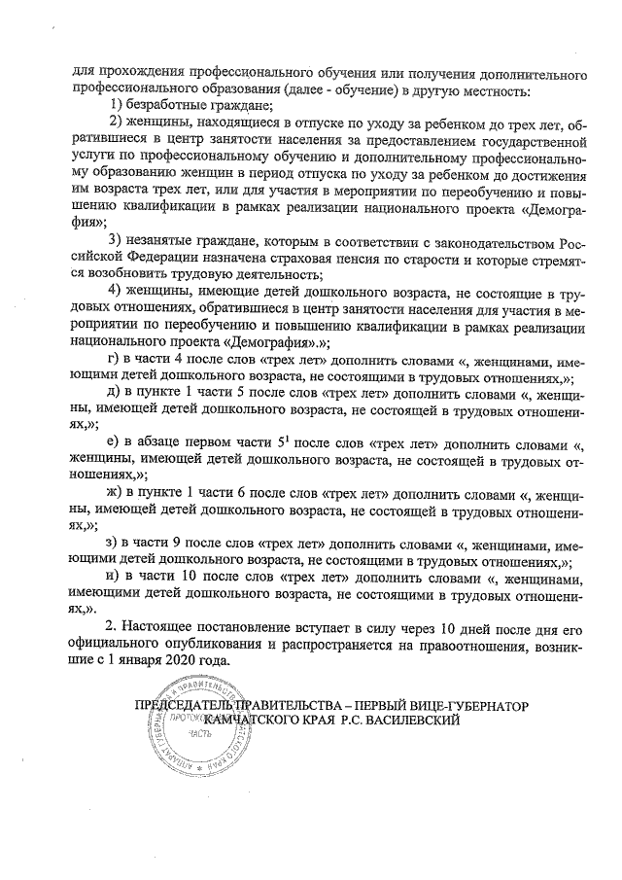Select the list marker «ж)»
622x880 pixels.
117,494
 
